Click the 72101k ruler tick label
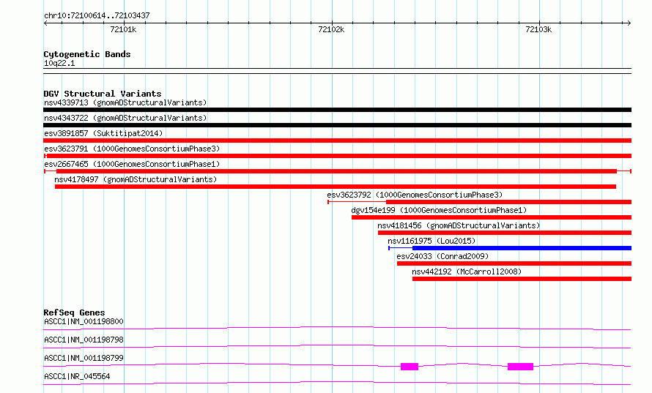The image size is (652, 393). point(123,29)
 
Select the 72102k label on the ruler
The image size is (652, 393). point(331,29)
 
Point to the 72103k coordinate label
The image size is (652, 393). point(538,29)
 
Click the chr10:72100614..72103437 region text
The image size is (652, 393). point(97,16)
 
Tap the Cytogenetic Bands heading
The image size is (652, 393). point(87,54)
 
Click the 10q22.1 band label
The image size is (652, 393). point(59,63)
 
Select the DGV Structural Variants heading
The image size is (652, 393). point(103,94)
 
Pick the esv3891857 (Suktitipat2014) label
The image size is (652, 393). point(103,133)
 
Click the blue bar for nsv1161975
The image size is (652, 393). point(522,248)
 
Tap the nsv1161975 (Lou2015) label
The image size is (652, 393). point(431,241)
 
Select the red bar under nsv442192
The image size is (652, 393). point(522,279)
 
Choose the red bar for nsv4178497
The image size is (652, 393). point(335,187)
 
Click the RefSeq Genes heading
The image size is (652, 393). point(74,312)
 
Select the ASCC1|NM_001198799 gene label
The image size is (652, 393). point(84,358)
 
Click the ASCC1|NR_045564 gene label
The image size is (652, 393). point(77,376)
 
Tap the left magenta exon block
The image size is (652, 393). point(410,367)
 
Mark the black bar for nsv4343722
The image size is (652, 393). point(337,125)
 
